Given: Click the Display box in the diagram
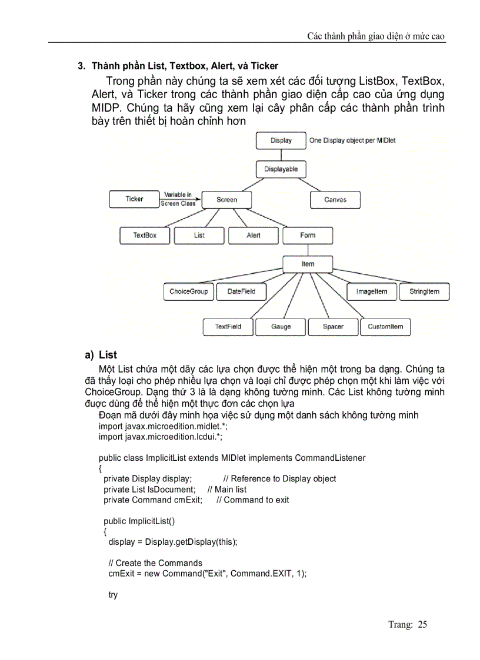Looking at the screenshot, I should [x=281, y=141].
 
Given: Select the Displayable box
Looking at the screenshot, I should [x=281, y=169].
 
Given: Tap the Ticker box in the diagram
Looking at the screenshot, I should [x=134, y=199].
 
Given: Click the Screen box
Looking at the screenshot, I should [x=226, y=200].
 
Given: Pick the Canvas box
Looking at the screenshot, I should [x=335, y=200].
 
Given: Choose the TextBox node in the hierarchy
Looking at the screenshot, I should [x=145, y=235].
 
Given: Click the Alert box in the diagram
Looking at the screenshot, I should [x=254, y=235].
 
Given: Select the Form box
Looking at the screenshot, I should [x=308, y=235].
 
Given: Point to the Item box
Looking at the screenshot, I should [x=308, y=264].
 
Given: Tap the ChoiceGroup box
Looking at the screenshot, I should [x=188, y=292].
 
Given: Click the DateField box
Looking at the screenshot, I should [x=241, y=292].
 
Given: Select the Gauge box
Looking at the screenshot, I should [x=281, y=327].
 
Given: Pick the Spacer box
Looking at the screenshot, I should [x=333, y=327].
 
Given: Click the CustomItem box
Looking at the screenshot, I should [x=385, y=327].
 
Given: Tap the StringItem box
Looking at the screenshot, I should [x=424, y=292].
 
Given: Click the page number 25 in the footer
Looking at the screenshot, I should [x=422, y=625].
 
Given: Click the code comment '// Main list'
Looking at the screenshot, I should [x=227, y=490].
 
